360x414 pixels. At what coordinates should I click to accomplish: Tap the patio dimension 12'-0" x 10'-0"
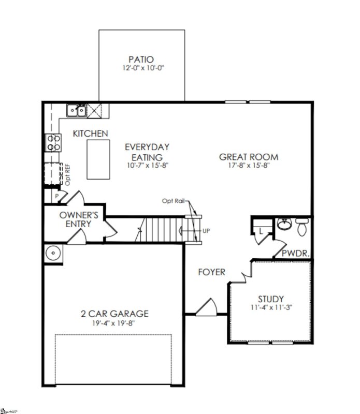(141, 68)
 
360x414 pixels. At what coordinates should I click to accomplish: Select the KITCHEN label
(90, 134)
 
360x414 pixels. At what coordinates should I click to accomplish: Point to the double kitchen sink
(76, 110)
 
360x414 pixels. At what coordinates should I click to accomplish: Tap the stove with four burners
(54, 142)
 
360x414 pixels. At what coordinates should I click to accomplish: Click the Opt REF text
(67, 175)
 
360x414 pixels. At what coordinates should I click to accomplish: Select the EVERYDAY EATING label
(147, 152)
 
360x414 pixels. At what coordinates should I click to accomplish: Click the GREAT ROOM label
(249, 157)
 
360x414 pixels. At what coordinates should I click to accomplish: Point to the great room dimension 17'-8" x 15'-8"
(249, 166)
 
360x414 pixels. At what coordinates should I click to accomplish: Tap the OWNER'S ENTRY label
(75, 219)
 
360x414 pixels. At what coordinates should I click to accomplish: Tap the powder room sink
(283, 225)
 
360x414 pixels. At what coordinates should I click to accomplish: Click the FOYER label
(211, 272)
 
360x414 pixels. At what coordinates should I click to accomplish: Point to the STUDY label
(271, 299)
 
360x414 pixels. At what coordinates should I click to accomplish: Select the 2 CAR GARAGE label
(114, 314)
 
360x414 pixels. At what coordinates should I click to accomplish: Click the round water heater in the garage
(53, 254)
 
